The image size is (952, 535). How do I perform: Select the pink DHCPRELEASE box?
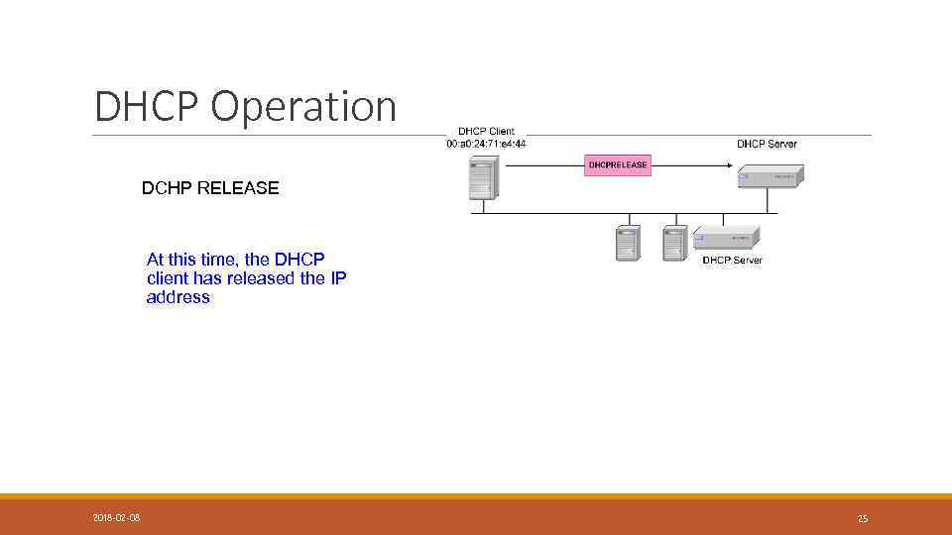pos(618,164)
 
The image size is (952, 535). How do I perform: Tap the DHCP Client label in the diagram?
pos(486,132)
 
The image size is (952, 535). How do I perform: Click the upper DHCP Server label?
pos(767,144)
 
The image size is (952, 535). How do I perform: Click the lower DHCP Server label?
pos(732,260)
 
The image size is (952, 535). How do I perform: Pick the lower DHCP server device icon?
pos(727,237)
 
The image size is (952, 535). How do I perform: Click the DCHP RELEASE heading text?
pos(210,187)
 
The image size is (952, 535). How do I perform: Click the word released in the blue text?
pos(262,278)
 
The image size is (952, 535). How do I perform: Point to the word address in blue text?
pos(178,296)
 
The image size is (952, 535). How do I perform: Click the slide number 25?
pos(863,518)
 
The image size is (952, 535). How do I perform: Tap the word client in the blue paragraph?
pos(168,278)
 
